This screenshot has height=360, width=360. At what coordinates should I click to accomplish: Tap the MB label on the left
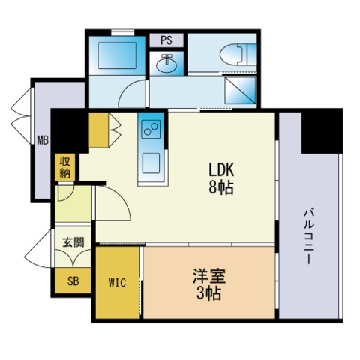[x=43, y=140]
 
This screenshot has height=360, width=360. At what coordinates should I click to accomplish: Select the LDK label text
[x=220, y=169]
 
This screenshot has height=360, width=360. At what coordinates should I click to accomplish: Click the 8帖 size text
[x=220, y=187]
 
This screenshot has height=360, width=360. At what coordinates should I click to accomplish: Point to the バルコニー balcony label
[x=309, y=235]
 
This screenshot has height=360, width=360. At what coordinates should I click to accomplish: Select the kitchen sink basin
[x=150, y=162]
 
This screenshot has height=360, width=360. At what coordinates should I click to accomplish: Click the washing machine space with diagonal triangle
[x=240, y=91]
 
